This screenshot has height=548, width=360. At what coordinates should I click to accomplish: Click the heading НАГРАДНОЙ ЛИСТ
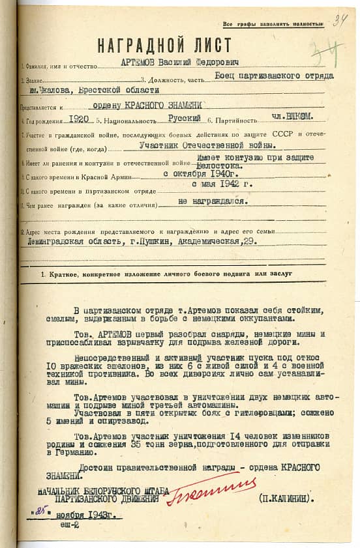point(164,45)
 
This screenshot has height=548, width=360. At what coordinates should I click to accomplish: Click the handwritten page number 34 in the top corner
point(339,22)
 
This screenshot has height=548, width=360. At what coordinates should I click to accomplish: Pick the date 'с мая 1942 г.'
point(224,186)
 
